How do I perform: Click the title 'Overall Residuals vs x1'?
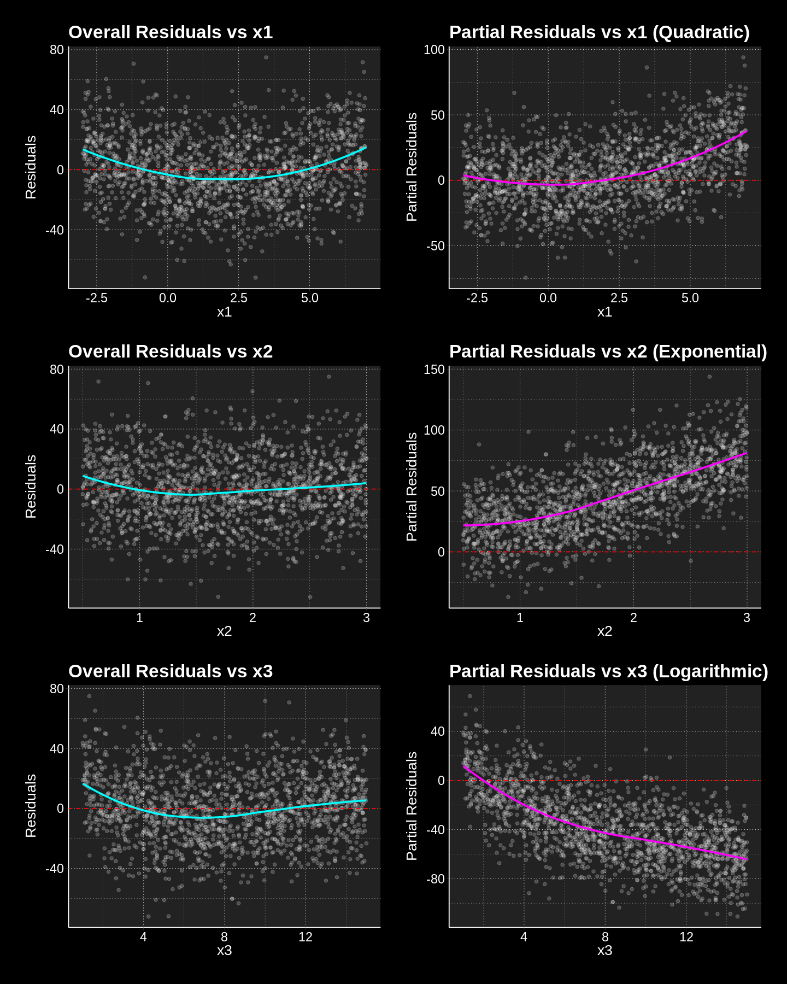[170, 32]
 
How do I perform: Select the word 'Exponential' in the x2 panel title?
[709, 352]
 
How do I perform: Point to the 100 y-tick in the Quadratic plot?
[434, 50]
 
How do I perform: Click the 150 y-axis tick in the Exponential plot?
[434, 370]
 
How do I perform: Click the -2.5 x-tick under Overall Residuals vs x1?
[96, 298]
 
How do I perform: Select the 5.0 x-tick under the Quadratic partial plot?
[690, 298]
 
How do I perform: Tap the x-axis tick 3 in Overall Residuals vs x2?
[366, 618]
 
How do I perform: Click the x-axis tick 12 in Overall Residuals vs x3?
[305, 937]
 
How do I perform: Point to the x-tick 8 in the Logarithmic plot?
[605, 937]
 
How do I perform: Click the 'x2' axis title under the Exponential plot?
[604, 631]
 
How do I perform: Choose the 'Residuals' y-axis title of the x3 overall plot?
[31, 806]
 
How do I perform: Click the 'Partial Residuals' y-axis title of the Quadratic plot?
[412, 167]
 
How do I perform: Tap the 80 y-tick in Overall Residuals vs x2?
[57, 370]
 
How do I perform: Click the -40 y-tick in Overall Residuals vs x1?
[55, 230]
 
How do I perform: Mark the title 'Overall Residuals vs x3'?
[170, 671]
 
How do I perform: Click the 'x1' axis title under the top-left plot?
[224, 312]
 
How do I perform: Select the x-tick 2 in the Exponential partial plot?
[633, 618]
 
